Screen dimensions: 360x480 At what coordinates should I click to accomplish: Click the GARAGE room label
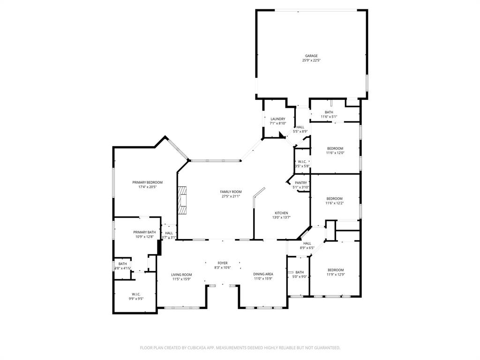tap(311, 56)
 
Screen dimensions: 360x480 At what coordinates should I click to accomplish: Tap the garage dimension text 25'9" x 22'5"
tap(311, 60)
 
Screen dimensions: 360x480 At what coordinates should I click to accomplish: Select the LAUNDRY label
tap(278, 119)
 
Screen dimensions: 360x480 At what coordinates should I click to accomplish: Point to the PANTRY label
tap(301, 183)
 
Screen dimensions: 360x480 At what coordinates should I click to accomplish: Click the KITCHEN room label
tap(281, 213)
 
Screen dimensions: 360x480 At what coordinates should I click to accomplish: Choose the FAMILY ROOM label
tap(231, 192)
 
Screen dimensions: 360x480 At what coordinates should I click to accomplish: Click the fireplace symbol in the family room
tap(182, 200)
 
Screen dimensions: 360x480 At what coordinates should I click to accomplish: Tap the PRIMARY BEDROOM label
tap(147, 182)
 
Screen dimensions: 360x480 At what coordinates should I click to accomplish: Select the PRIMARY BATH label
tap(144, 232)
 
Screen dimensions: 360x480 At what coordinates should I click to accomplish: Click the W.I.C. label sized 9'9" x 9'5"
tap(136, 294)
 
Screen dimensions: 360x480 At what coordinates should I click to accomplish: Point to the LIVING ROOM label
tap(181, 275)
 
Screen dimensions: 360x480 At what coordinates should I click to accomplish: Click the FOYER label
tap(223, 263)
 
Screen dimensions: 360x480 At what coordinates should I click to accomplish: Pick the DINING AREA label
tap(263, 274)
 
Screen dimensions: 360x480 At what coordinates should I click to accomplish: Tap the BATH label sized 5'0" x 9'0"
tap(300, 272)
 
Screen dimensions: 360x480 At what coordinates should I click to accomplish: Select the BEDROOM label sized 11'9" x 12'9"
tap(336, 270)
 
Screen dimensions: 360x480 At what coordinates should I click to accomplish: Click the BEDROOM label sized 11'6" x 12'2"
tap(335, 198)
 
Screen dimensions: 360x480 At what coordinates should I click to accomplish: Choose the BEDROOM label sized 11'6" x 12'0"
tap(335, 149)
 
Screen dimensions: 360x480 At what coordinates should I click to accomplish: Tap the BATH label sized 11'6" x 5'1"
tap(329, 112)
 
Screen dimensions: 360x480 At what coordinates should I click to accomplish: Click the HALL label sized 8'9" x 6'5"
tap(307, 243)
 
